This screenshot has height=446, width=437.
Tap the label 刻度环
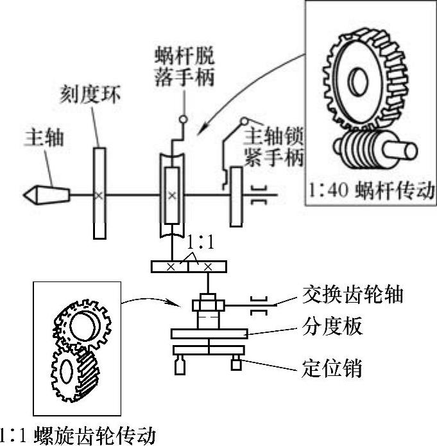89,97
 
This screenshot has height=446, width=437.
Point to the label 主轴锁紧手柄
275,147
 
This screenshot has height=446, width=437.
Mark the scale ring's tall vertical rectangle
98,192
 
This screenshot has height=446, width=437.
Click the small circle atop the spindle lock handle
244,121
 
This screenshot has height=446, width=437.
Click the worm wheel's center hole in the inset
357,84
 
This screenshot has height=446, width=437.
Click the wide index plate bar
210,333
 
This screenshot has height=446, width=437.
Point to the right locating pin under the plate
236,363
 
